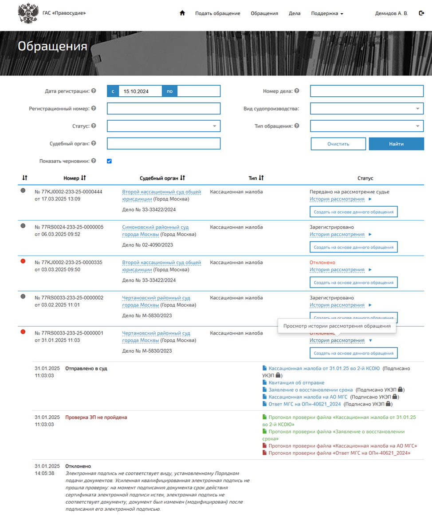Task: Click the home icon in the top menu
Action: (182, 13)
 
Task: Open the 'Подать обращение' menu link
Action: (218, 13)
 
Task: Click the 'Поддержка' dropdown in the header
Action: (327, 13)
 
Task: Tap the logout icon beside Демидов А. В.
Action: (421, 13)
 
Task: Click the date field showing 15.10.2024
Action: (140, 91)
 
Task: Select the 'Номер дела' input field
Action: (367, 91)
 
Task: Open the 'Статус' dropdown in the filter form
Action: (164, 126)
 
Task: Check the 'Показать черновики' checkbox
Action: (110, 161)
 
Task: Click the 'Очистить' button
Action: (338, 144)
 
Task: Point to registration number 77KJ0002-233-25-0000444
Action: (68, 192)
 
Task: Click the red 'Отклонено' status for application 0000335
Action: (322, 263)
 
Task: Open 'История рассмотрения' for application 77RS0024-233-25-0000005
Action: (337, 234)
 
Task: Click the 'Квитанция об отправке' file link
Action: (296, 382)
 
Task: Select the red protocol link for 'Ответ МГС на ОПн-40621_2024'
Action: (339, 453)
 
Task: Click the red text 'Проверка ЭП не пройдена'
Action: (96, 418)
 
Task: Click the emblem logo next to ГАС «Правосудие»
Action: (28, 14)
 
